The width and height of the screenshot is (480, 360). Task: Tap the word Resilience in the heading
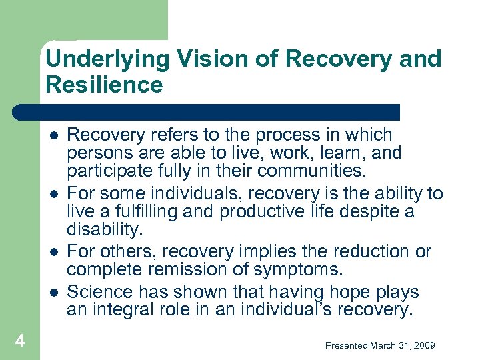104,85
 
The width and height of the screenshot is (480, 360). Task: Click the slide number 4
20,341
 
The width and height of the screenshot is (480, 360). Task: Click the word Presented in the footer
347,345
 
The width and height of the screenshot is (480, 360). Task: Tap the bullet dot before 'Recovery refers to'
53,135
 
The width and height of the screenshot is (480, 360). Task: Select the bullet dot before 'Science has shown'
53,292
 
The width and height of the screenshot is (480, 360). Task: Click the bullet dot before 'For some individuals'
53,194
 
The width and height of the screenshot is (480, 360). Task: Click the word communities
312,171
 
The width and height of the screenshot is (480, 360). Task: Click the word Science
98,292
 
